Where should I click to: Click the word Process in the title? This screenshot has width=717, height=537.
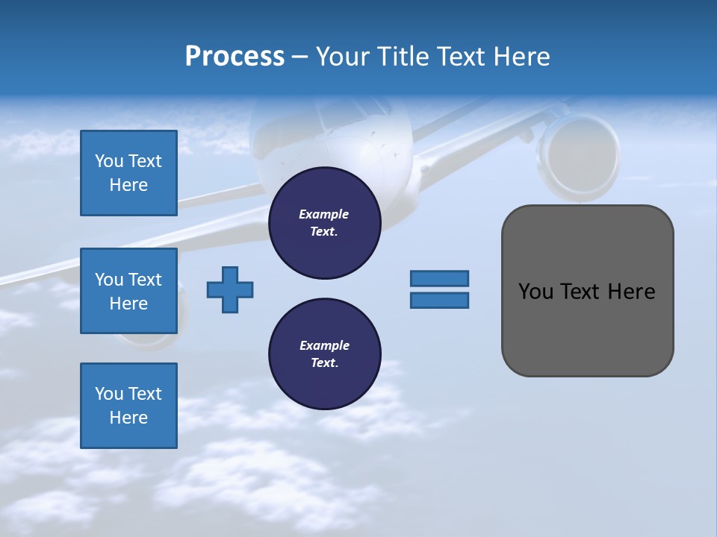point(235,56)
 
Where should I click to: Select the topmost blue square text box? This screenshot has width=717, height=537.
point(128,173)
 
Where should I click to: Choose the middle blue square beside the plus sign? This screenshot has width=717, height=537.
point(128,291)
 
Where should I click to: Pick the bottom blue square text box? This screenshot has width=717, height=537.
point(128,406)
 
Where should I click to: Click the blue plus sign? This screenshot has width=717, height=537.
point(230,289)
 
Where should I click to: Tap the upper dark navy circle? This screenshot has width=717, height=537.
point(325,223)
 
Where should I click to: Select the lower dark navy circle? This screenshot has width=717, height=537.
point(325,354)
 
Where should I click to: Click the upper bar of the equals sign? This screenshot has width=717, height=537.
point(439,278)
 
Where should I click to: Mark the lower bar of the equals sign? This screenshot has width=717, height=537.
point(439,301)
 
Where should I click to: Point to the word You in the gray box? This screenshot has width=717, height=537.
point(535,292)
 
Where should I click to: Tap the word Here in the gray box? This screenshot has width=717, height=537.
point(631,292)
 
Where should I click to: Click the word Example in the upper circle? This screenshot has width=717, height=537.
point(323,214)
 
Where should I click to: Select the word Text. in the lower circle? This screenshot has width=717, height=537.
point(324,363)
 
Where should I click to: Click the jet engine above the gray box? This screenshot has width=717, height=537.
point(579,157)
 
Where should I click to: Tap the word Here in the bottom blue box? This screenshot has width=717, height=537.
point(128,418)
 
